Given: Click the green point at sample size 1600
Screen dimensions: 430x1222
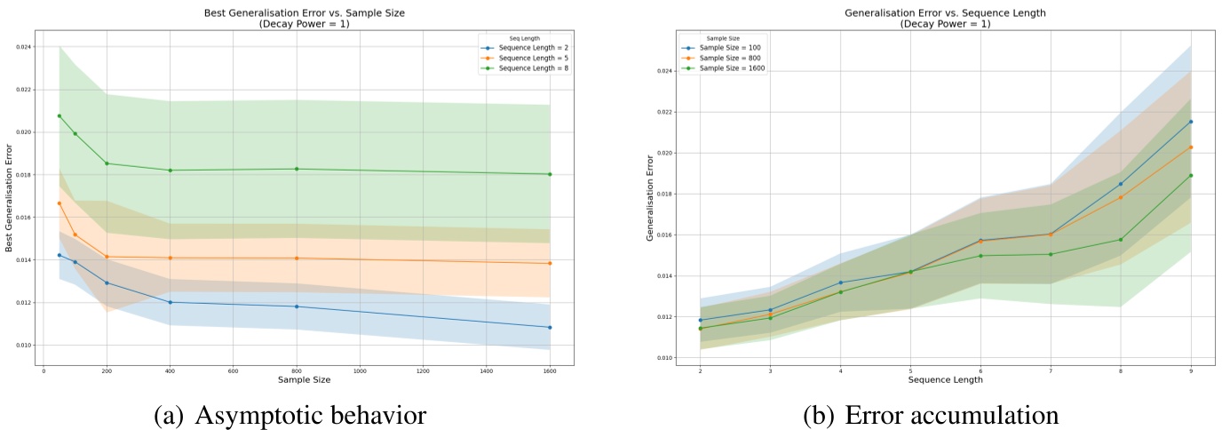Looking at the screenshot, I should pyautogui.click(x=550, y=174).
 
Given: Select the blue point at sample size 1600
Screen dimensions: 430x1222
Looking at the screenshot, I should pyautogui.click(x=550, y=327).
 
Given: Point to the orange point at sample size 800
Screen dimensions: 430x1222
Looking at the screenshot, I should pyautogui.click(x=296, y=259).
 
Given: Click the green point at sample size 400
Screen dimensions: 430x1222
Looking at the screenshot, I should pyautogui.click(x=170, y=171).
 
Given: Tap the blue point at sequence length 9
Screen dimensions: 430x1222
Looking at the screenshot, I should pyautogui.click(x=1190, y=122).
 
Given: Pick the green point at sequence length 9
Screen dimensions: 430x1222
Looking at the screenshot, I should pyautogui.click(x=1190, y=175).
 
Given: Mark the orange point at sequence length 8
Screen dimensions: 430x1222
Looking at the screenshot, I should pyautogui.click(x=1120, y=197).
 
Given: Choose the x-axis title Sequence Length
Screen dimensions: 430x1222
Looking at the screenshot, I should pyautogui.click(x=945, y=380).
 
